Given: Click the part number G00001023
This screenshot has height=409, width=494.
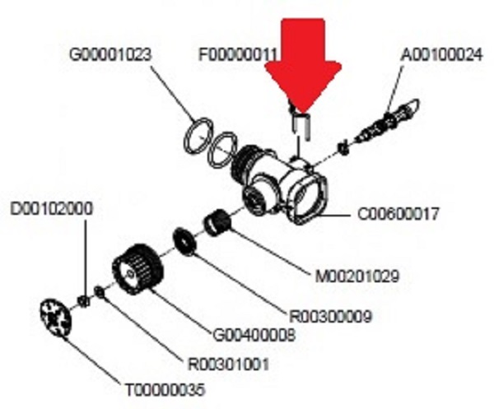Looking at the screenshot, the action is click(110, 54).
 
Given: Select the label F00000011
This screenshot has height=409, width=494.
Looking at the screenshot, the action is click(239, 54).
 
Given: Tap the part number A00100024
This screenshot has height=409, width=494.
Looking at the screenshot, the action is click(441, 54).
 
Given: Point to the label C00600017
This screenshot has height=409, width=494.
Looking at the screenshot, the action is click(398, 214).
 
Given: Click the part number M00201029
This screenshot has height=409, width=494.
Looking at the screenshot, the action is click(357, 277).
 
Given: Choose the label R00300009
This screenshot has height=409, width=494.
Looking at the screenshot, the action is click(331, 317).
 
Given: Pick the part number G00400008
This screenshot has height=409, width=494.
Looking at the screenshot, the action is click(254, 335).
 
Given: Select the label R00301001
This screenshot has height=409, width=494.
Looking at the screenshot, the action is click(228, 365).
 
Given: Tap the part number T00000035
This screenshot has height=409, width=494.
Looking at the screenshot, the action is click(165, 390).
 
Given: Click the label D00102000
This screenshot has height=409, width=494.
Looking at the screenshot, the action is click(52, 209).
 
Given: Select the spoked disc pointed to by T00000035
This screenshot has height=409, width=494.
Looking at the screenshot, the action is click(56, 318).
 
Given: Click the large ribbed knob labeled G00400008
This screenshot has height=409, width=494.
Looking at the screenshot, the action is click(138, 271).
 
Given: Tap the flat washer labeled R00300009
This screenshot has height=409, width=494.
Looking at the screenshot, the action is click(184, 241).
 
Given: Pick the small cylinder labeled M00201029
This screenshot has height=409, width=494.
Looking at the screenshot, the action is click(217, 223).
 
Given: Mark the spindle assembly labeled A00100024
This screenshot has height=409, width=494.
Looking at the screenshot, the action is click(386, 121).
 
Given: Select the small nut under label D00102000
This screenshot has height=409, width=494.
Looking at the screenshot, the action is click(84, 300).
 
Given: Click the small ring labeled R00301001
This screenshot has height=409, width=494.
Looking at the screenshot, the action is click(100, 292).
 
